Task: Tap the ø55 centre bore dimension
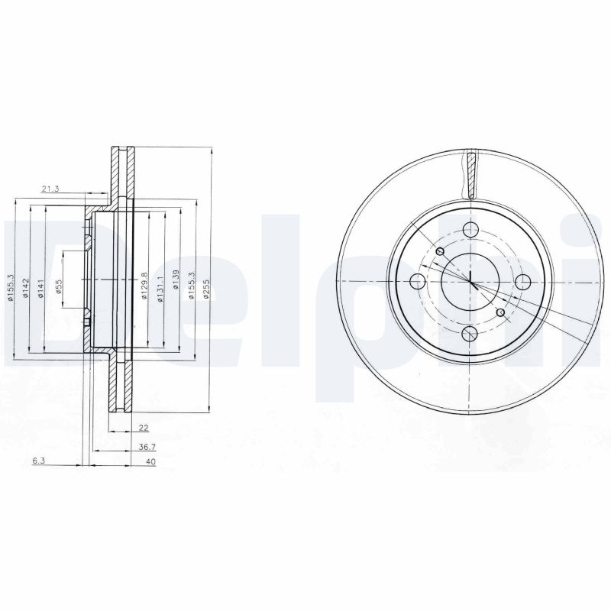[x=59, y=283]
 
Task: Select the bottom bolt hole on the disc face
[x=471, y=335]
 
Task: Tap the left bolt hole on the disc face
[x=418, y=281]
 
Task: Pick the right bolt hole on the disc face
[x=524, y=281]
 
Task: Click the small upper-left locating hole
[x=440, y=252]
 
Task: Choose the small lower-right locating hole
[x=501, y=312]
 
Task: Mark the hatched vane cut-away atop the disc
[x=471, y=172]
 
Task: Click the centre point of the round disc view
[x=471, y=281]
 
